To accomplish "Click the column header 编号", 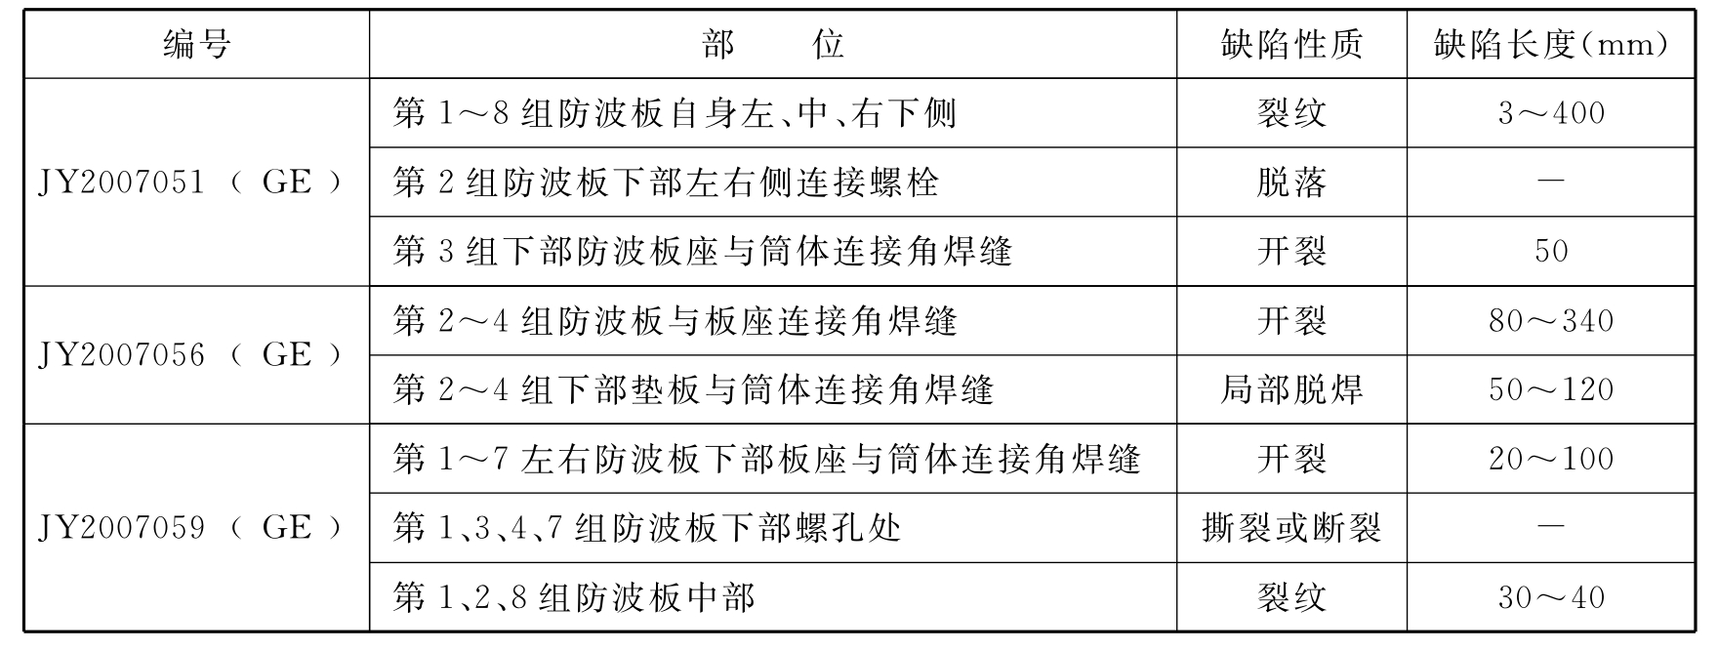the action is pos(196,44).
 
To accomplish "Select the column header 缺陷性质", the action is pos(1290,44).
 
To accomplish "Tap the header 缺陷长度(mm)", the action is pos(1550,44).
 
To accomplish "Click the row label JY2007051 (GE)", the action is pos(191,183).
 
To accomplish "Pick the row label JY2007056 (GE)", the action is pos(191,355).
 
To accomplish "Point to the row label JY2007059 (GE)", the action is pos(191,528).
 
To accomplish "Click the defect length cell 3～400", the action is pos(1550,113).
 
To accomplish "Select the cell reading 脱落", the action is pos(1290,183).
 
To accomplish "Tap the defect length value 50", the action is pos(1550,252).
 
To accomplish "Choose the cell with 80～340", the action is pos(1550,321).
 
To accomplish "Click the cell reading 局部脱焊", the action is pos(1290,390).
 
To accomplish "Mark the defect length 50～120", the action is pos(1550,390).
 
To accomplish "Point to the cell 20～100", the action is pos(1550,459).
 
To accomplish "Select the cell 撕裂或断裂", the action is pos(1290,528).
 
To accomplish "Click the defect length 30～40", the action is pos(1550,597).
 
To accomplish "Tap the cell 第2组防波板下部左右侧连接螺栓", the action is pos(666,183).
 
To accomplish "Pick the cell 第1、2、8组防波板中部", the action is pos(574,597).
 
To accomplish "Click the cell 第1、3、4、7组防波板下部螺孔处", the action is pos(646,528).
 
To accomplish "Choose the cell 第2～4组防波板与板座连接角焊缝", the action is pos(675,321).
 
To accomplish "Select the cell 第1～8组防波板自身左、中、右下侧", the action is pos(675,113).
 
